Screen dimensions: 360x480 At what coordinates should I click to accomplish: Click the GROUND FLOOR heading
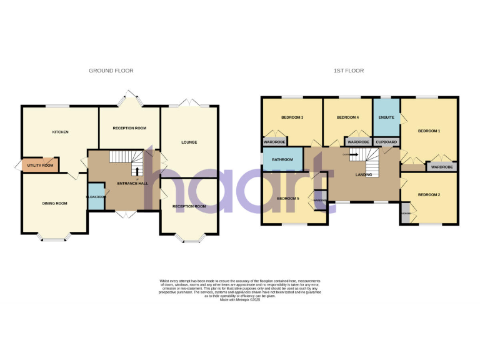pos(111,71)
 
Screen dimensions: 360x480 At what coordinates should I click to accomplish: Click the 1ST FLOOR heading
pos(349,71)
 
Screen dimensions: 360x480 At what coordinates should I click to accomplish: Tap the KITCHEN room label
pos(60,132)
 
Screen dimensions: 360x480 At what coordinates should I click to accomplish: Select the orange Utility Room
pos(40,165)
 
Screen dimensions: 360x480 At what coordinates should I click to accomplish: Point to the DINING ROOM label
pos(54,203)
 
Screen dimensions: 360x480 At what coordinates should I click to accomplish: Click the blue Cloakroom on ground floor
pos(96,196)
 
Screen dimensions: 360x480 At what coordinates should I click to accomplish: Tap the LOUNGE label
pos(189,142)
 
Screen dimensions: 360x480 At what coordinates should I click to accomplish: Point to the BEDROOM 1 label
pos(429,131)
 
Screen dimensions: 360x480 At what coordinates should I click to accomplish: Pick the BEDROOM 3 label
pos(292,117)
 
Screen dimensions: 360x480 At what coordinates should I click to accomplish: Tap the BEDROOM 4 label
pos(347,117)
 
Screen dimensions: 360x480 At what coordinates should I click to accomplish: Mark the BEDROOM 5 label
pos(289,199)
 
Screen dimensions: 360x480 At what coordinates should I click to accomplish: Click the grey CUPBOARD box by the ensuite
pos(386,142)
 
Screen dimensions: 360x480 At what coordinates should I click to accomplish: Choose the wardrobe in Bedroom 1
pos(442,167)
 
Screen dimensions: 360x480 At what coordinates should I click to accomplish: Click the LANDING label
pos(364,174)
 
